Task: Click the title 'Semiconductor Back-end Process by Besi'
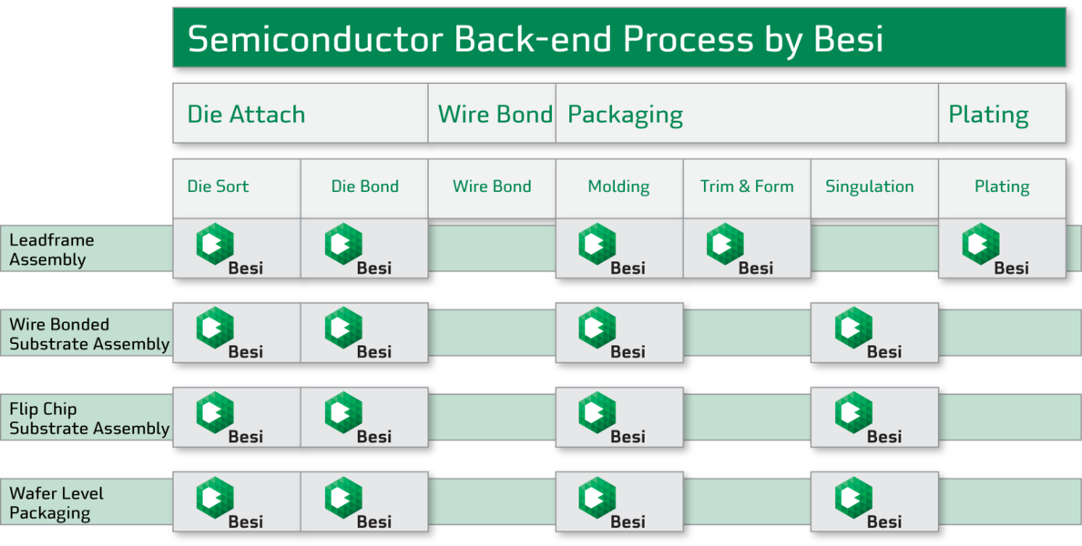click(x=535, y=39)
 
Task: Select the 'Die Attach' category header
click(x=246, y=115)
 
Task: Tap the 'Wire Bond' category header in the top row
click(x=495, y=115)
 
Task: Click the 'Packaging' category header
click(x=625, y=115)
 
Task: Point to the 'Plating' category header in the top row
click(x=988, y=115)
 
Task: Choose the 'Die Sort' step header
click(x=218, y=187)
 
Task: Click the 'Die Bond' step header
click(x=364, y=187)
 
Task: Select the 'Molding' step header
click(x=618, y=187)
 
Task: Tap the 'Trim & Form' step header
click(x=747, y=187)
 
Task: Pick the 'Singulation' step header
click(x=869, y=187)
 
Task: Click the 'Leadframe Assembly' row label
click(x=52, y=249)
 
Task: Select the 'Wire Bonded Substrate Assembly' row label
click(x=89, y=334)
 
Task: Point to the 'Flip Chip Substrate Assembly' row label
click(x=89, y=419)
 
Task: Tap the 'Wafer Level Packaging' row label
click(x=56, y=503)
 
